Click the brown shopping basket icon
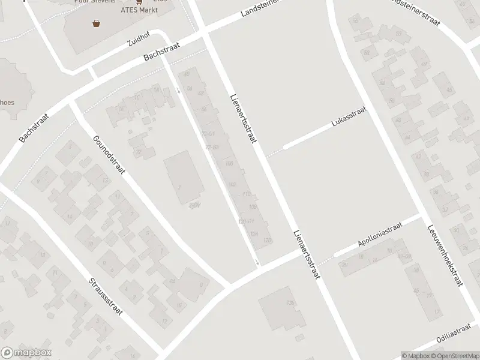point(96,23)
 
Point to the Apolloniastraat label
point(380,233)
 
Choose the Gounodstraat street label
point(109,155)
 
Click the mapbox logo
point(26,353)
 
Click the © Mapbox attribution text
point(416,356)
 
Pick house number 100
point(228,163)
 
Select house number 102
point(232,184)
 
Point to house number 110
point(246,194)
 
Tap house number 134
point(254,233)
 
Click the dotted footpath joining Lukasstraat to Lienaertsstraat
point(274,153)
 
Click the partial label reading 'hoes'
point(7,103)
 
